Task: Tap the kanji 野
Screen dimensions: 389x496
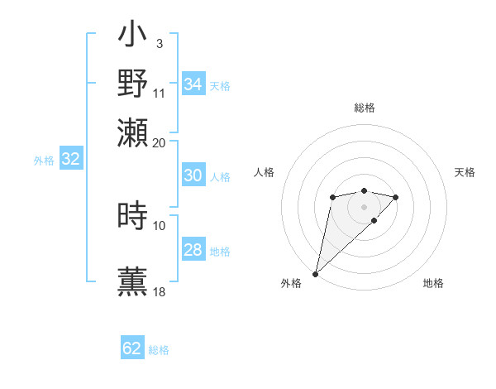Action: coord(133,84)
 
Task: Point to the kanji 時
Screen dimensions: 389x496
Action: coord(133,216)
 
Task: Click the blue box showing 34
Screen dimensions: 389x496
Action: coord(193,84)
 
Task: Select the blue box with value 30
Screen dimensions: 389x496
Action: coord(193,175)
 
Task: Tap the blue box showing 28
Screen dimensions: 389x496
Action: coord(193,250)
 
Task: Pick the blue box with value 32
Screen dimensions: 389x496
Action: coord(70,160)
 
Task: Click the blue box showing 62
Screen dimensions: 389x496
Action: coord(132,348)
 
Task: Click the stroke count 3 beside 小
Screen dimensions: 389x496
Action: coord(159,43)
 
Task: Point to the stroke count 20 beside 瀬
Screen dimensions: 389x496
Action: coord(160,142)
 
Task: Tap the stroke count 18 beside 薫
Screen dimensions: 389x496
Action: coord(160,291)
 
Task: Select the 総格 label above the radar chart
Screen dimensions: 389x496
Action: coord(364,108)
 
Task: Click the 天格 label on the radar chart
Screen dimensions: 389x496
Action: coord(465,172)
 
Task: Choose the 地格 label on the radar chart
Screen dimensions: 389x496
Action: coord(433,284)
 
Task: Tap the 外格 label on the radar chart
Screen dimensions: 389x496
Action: coord(291,284)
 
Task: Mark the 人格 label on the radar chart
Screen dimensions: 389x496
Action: coord(264,172)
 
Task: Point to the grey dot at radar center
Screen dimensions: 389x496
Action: coord(364,206)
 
